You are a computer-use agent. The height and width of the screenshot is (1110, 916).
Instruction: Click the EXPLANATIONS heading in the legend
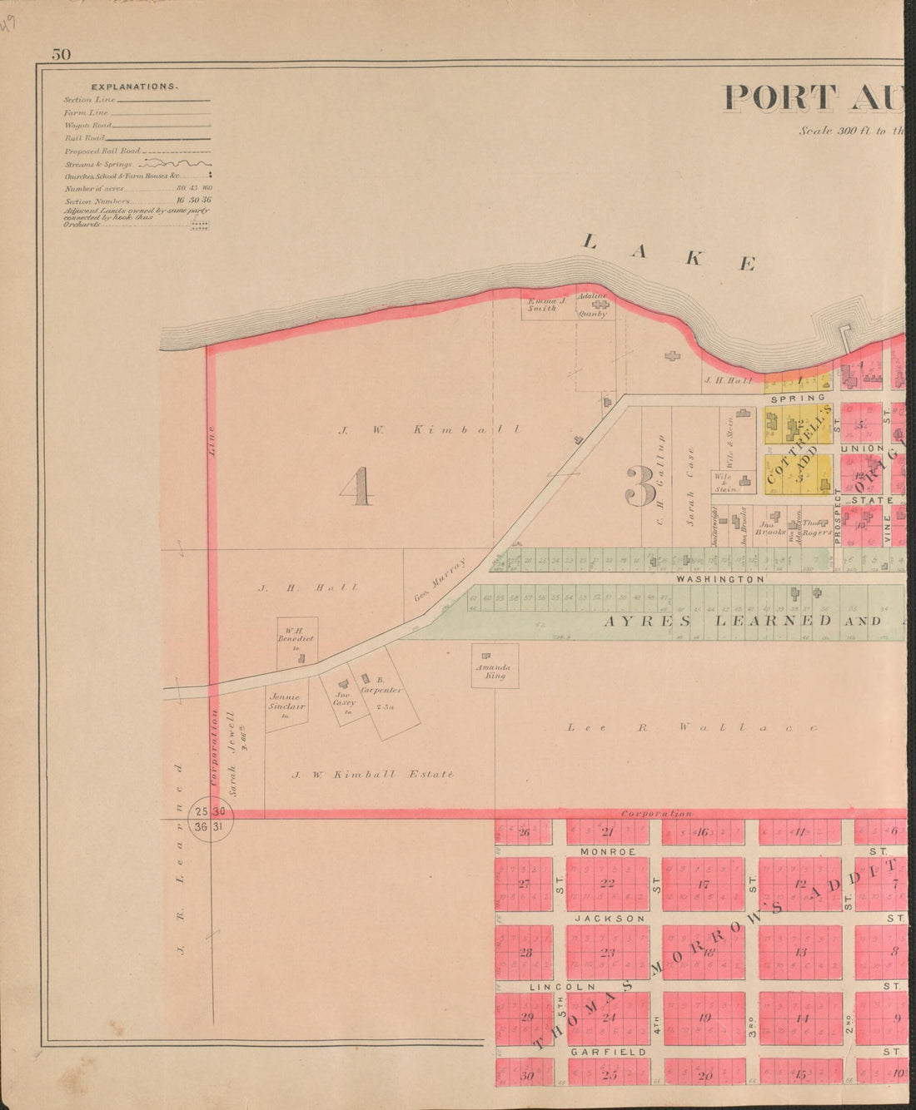click(x=133, y=87)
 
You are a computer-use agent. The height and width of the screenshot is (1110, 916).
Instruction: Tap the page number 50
click(x=62, y=55)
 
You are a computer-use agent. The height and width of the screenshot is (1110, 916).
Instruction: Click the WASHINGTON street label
click(x=720, y=578)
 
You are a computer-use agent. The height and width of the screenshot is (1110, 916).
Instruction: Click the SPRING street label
click(x=797, y=399)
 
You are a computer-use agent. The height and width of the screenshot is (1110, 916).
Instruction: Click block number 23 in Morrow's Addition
click(x=608, y=954)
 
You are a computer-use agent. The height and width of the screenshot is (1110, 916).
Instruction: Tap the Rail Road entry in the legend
click(x=83, y=138)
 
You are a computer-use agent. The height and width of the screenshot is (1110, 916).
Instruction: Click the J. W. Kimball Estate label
click(x=372, y=775)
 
